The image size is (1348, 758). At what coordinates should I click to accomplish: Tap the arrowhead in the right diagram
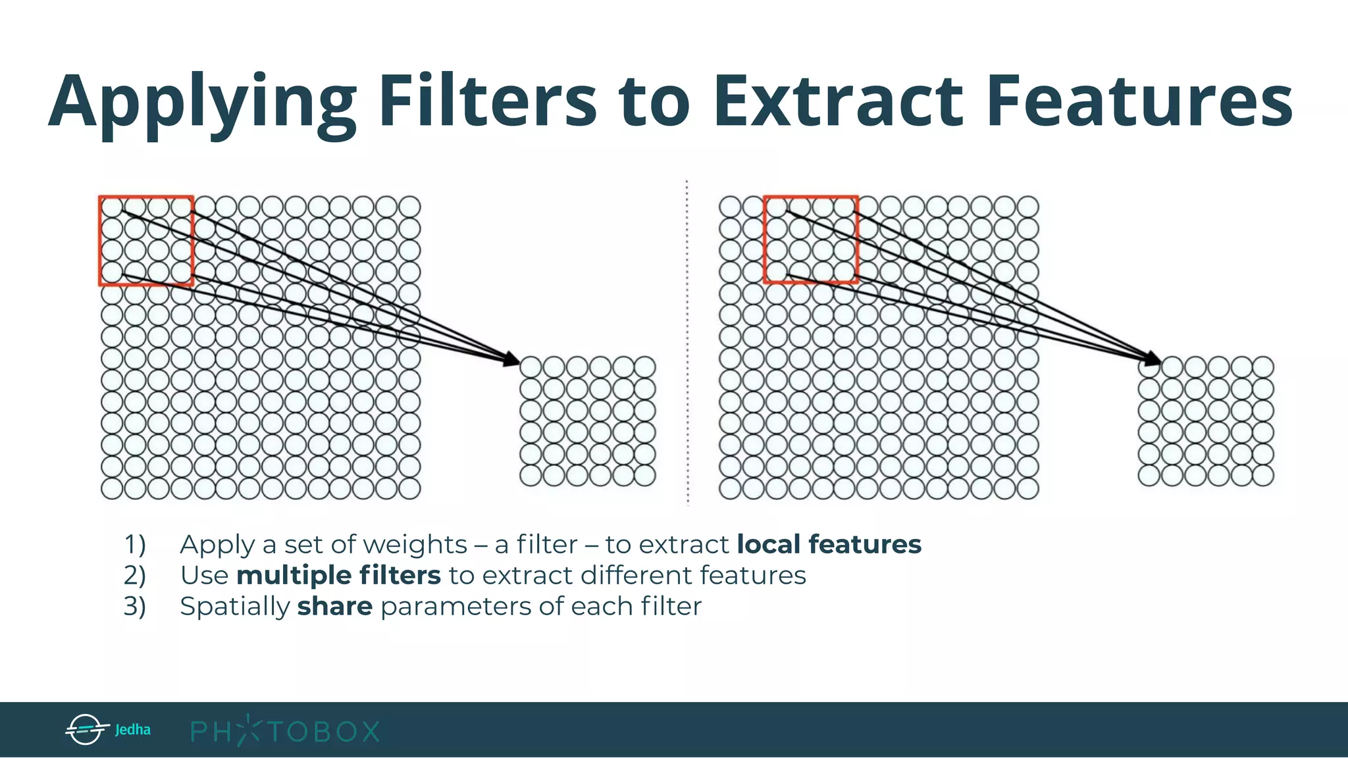pyautogui.click(x=1153, y=359)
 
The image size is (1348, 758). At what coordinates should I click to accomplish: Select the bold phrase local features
pyautogui.click(x=829, y=544)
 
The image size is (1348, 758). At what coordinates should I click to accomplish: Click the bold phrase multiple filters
pyautogui.click(x=338, y=575)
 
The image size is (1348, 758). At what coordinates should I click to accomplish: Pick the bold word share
pyautogui.click(x=334, y=606)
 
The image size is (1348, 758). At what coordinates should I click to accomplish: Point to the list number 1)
pyautogui.click(x=135, y=545)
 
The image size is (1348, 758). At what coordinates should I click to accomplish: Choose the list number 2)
pyautogui.click(x=135, y=576)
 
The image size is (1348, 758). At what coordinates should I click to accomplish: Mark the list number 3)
pyautogui.click(x=135, y=607)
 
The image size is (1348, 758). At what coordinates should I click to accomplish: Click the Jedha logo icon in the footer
pyautogui.click(x=86, y=729)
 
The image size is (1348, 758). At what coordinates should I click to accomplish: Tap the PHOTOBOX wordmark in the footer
pyautogui.click(x=285, y=730)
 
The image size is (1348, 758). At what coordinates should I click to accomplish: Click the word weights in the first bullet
pyautogui.click(x=415, y=545)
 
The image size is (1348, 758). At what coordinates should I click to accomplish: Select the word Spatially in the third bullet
pyautogui.click(x=234, y=607)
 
